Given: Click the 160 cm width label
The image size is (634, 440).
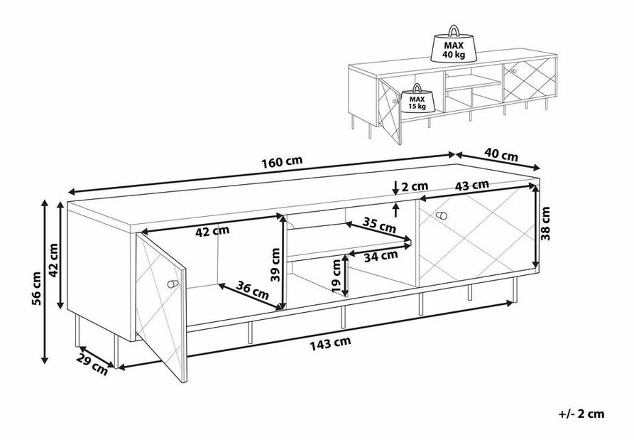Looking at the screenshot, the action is (x=282, y=161).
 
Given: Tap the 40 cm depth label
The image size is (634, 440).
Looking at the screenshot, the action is (x=501, y=154).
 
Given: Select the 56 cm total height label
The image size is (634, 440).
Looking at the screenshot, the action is (x=36, y=288).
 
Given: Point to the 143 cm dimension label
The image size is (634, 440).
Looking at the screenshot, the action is (x=330, y=343).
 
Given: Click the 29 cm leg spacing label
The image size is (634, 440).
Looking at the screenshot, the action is (x=93, y=364).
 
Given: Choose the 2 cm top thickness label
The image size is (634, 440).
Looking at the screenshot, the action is (x=415, y=186).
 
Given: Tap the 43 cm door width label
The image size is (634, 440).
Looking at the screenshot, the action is (x=472, y=186).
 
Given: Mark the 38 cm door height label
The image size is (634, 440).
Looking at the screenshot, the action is (x=546, y=223).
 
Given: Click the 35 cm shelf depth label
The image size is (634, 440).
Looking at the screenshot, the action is (x=379, y=225).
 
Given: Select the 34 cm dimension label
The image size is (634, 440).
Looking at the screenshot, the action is (x=381, y=256).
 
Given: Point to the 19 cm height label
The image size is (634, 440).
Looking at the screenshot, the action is (x=336, y=276).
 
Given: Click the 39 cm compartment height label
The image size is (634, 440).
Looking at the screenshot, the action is (x=275, y=264).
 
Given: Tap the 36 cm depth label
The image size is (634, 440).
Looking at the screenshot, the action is (x=252, y=290).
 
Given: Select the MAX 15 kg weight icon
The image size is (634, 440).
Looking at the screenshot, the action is (x=417, y=99).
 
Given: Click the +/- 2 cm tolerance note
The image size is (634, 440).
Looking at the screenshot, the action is (x=581, y=414).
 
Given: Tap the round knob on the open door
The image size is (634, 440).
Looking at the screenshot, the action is (x=173, y=284).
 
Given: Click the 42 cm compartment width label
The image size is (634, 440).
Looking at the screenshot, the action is (x=212, y=231).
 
